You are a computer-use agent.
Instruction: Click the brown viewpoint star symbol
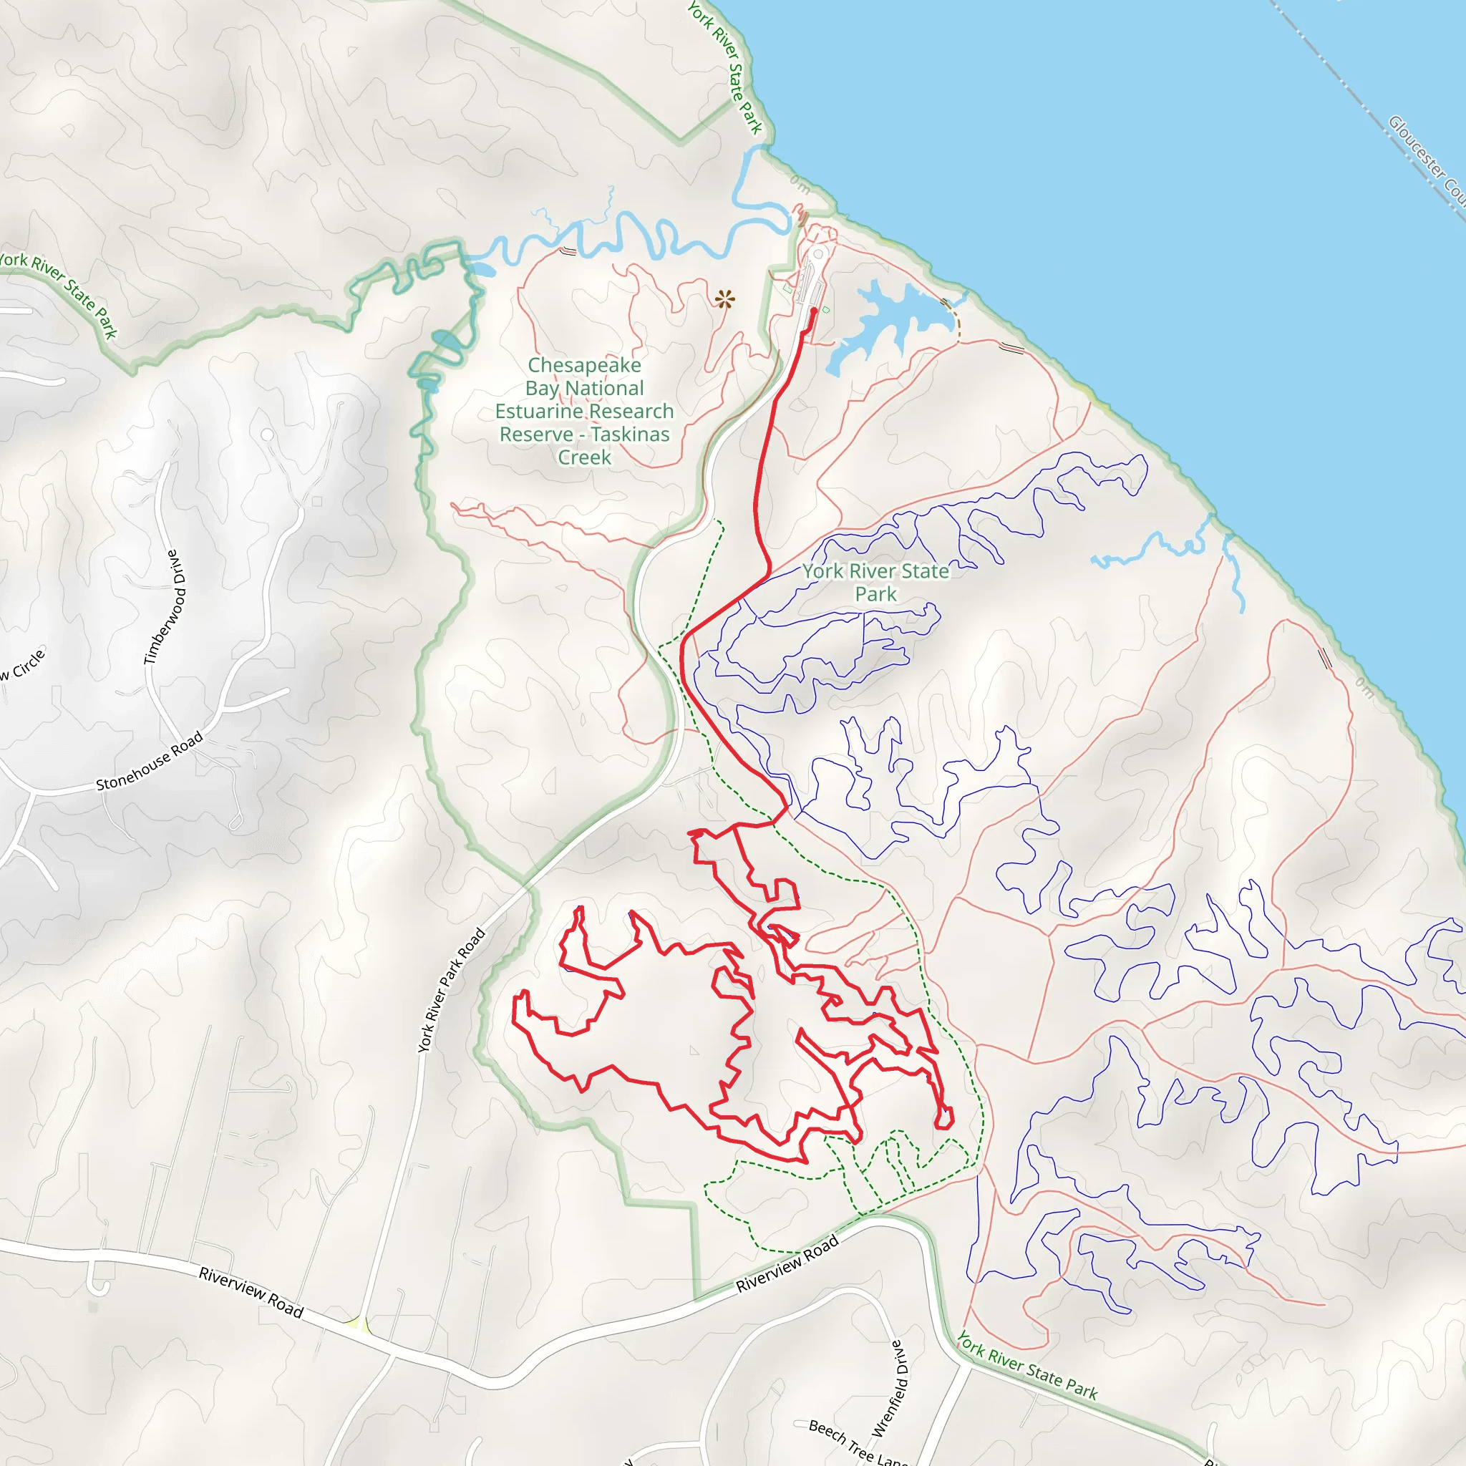724,299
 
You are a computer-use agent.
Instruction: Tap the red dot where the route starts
814,311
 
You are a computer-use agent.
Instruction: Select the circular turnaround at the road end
818,254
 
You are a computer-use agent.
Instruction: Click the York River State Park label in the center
875,582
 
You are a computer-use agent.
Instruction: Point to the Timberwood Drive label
165,607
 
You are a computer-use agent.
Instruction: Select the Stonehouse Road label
150,761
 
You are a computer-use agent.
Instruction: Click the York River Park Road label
452,989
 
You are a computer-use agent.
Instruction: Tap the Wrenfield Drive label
888,1389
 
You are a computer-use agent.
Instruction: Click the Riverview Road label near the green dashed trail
787,1263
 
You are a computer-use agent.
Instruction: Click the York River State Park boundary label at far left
61,292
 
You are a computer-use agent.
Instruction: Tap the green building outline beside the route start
825,309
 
